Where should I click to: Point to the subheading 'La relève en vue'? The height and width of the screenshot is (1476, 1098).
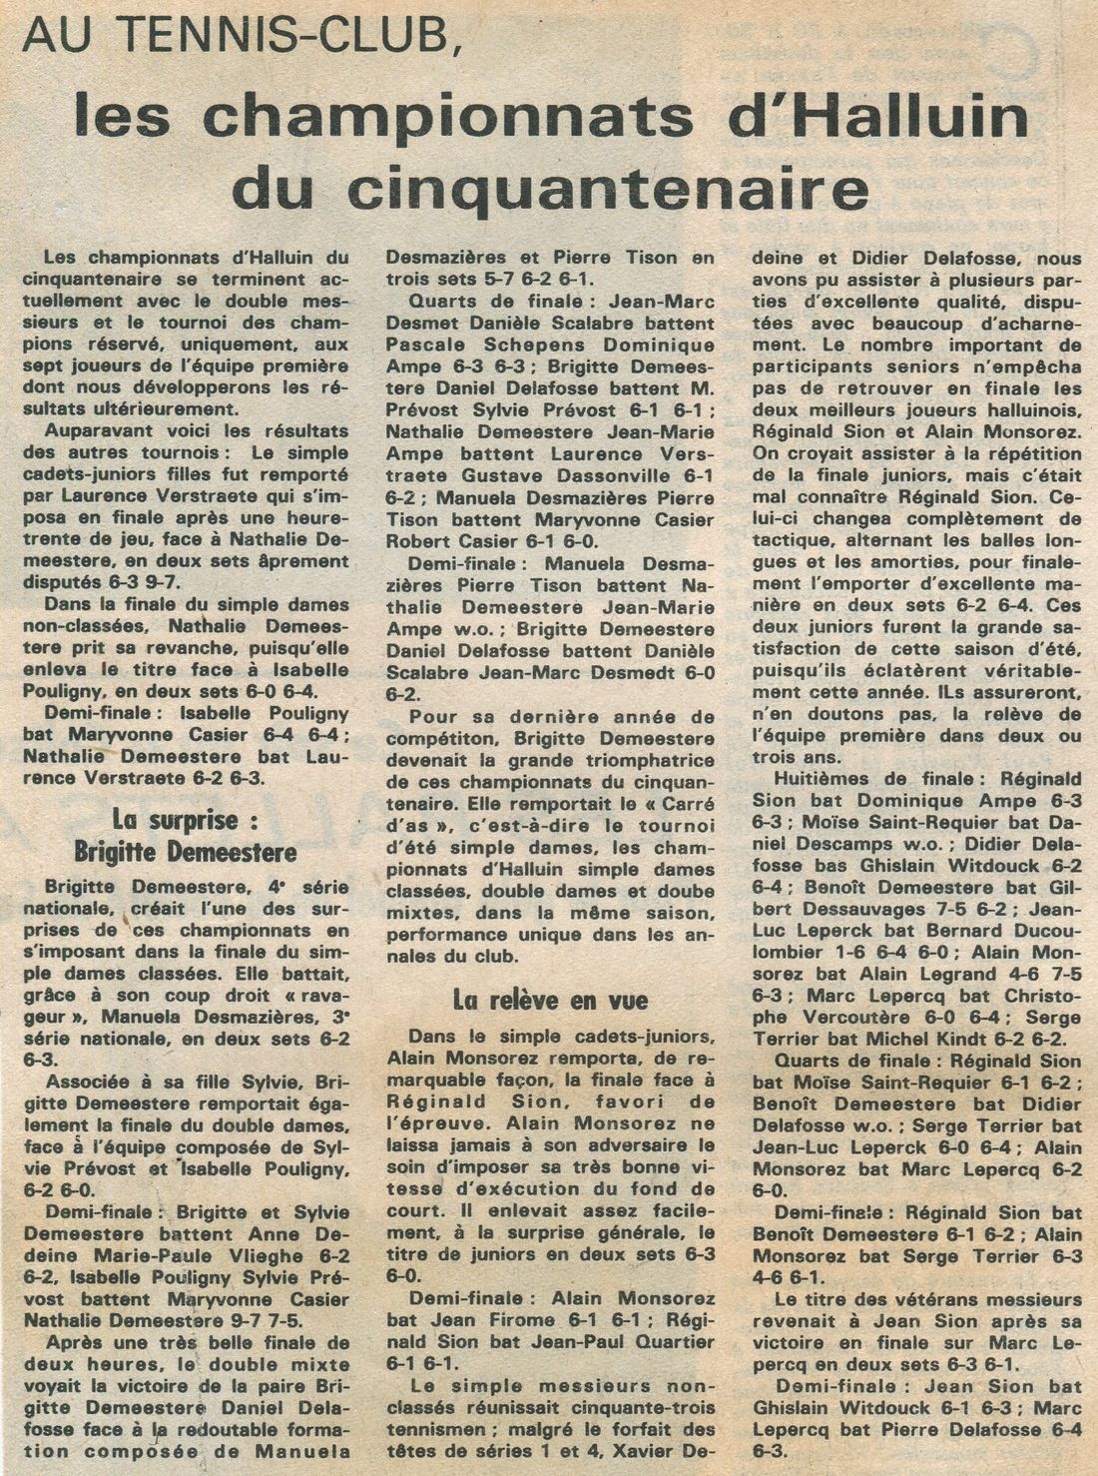pyautogui.click(x=550, y=1000)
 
